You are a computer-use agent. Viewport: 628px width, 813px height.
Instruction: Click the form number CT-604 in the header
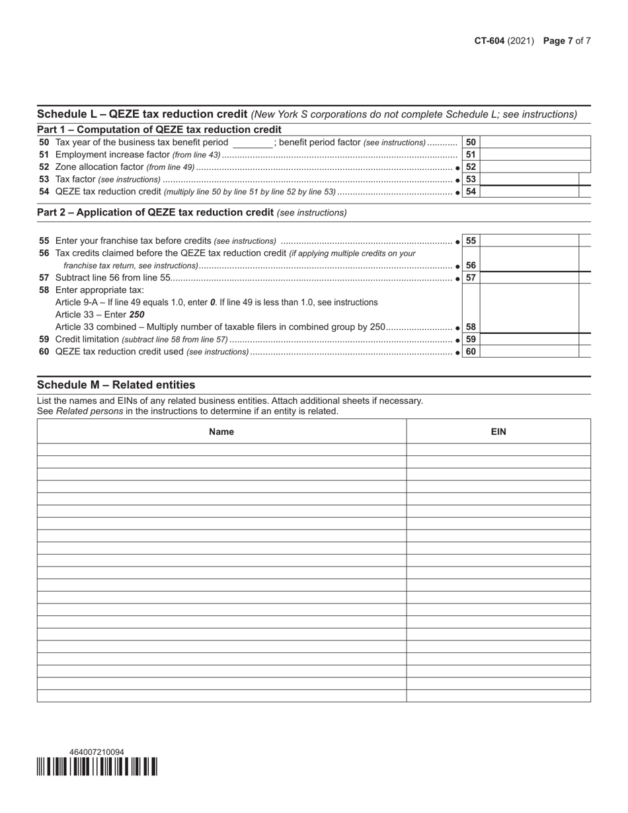[489, 41]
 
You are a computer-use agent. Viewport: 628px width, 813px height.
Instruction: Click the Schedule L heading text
[142, 114]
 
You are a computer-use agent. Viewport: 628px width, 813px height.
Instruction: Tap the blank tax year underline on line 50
[252, 143]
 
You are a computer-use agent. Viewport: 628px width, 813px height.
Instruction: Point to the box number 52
[471, 167]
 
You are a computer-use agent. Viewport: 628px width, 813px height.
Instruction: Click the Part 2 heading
[155, 212]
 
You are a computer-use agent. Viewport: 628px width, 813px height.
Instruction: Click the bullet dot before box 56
[458, 266]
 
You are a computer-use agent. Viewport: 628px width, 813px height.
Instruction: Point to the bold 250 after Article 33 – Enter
[137, 315]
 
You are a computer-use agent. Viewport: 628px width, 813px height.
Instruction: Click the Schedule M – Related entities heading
[116, 385]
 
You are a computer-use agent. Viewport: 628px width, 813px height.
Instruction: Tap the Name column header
[221, 432]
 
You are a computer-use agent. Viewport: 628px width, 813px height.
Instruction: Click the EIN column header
[498, 432]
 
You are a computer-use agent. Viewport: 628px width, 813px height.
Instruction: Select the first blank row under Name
[221, 449]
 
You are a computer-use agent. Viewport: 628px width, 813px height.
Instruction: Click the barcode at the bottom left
[97, 766]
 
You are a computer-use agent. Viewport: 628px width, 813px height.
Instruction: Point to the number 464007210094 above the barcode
[97, 752]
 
